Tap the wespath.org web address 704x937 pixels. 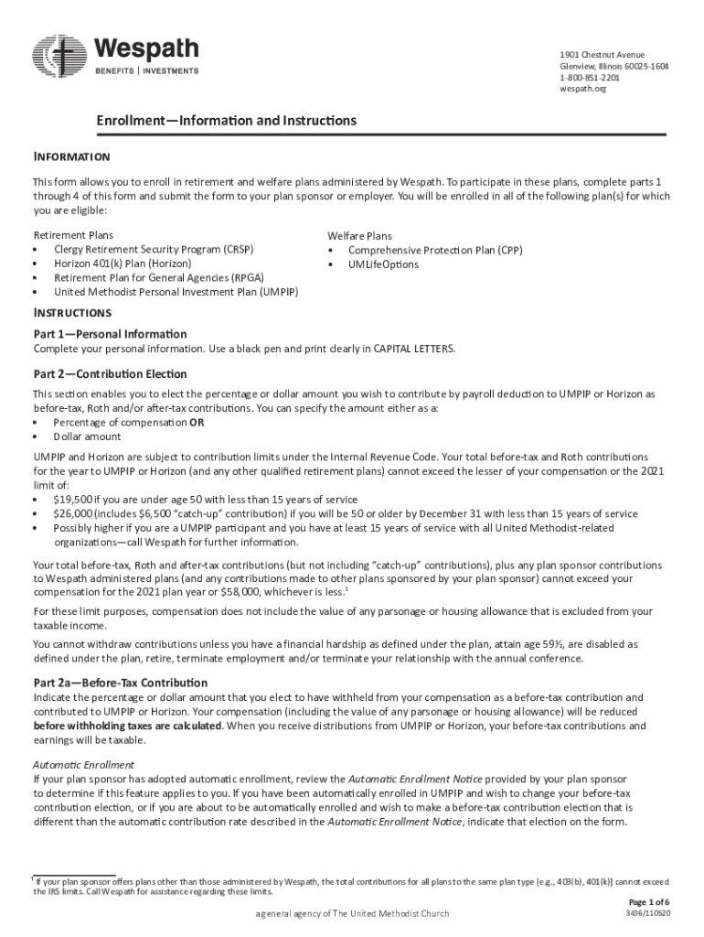[x=582, y=89]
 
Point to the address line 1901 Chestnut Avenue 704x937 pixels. [x=602, y=55]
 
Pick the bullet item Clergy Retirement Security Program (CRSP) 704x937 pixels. [x=154, y=249]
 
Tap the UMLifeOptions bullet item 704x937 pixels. [x=383, y=264]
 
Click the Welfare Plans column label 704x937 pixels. [x=359, y=235]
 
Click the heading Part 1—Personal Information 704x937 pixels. [x=110, y=334]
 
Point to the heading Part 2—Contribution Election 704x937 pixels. [x=110, y=374]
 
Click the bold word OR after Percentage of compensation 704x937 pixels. [x=197, y=423]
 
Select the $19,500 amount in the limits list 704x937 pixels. [x=71, y=500]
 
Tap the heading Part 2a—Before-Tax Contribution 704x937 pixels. [x=120, y=684]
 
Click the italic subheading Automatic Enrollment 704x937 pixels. [x=83, y=764]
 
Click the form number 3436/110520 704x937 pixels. [x=647, y=913]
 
